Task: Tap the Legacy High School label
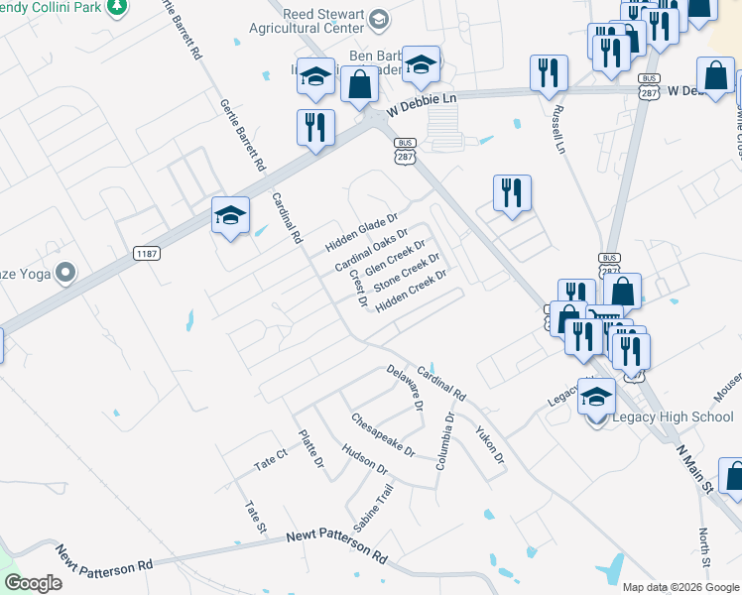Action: [x=672, y=417]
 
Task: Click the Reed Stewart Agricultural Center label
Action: [x=309, y=23]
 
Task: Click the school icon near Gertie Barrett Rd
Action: [x=230, y=215]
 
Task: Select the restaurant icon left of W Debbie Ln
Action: [x=315, y=128]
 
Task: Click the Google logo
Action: [x=33, y=583]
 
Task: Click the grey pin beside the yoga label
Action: [x=65, y=272]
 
